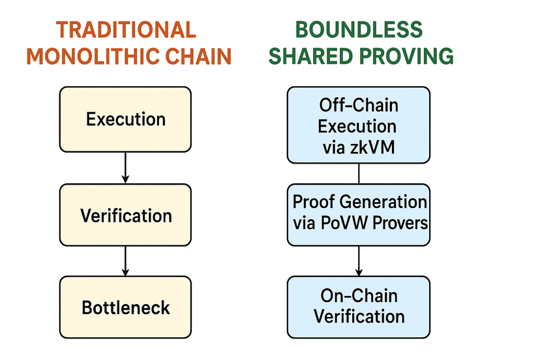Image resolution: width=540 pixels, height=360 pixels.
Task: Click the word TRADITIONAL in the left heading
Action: click(126, 30)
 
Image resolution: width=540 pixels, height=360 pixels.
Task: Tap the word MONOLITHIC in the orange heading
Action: click(91, 56)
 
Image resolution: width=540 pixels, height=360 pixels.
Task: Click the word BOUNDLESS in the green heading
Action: click(359, 30)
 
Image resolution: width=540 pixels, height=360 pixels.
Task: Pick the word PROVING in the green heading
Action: click(403, 56)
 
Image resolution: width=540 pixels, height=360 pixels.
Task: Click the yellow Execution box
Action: click(125, 119)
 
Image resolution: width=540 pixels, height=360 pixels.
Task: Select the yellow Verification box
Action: click(125, 216)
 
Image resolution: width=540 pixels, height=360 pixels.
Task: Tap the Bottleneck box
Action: click(125, 307)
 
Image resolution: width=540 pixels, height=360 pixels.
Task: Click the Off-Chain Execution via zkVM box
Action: click(359, 125)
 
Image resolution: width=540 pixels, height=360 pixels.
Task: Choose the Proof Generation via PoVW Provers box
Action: click(359, 213)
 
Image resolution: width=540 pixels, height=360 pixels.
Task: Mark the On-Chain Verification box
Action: click(359, 307)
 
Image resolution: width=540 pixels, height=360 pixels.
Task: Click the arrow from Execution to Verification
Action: click(125, 168)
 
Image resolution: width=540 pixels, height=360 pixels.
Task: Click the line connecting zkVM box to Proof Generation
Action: click(359, 173)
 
